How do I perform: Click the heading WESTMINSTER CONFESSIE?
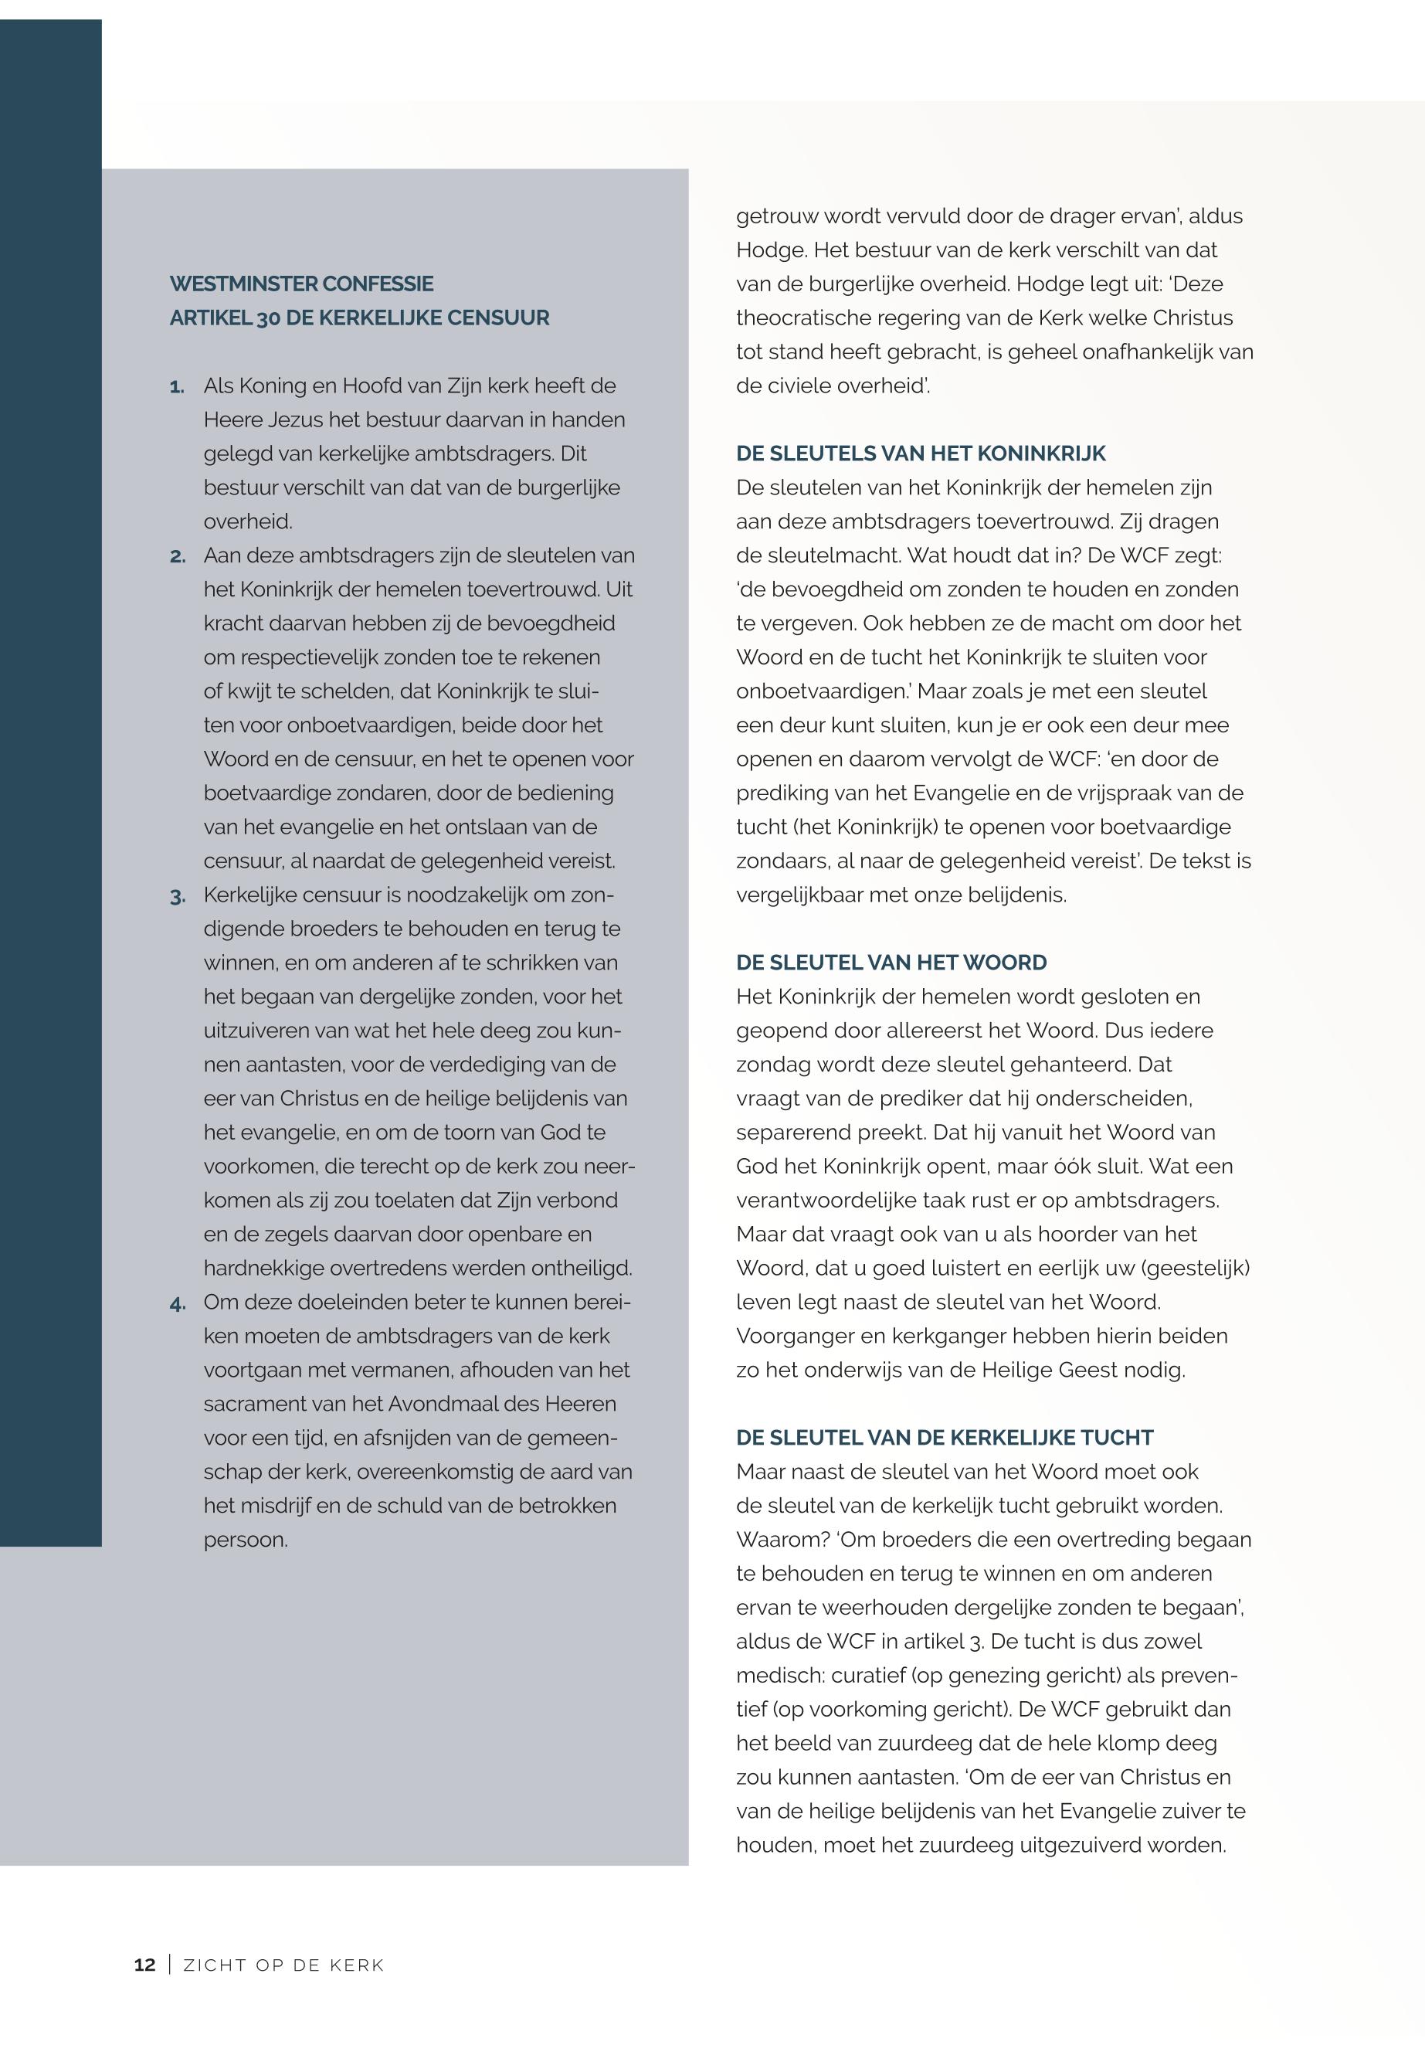click(301, 284)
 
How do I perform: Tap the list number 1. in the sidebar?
click(177, 387)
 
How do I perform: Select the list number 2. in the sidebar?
click(177, 556)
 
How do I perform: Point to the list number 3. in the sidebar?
click(177, 895)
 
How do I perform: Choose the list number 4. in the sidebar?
click(177, 1303)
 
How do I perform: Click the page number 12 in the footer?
click(144, 1965)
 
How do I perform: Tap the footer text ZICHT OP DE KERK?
click(283, 1965)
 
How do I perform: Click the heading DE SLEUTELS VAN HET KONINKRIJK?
click(921, 453)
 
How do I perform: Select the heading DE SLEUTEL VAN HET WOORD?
click(891, 963)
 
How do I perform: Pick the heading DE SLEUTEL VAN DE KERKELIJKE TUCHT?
click(945, 1438)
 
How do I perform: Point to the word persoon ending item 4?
click(246, 1540)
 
